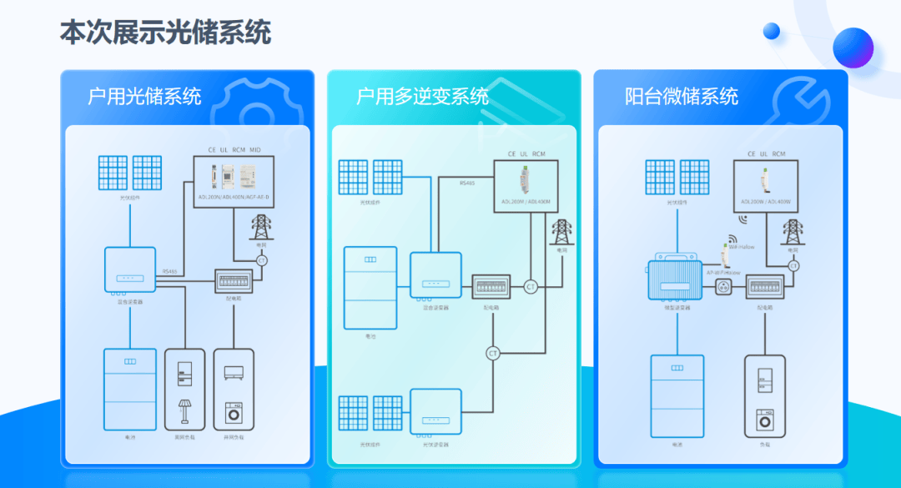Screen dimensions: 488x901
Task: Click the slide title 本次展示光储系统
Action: (165, 33)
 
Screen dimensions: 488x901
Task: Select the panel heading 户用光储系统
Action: (144, 96)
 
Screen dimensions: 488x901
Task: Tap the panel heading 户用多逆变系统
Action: (422, 96)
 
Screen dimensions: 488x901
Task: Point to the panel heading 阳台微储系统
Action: (682, 96)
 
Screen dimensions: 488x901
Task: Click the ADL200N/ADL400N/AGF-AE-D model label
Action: (234, 198)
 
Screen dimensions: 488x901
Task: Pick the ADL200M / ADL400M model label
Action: (526, 201)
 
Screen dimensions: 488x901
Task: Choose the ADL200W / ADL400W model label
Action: (766, 202)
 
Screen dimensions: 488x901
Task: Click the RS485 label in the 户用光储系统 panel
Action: (170, 271)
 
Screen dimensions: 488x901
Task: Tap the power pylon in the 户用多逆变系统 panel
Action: (561, 232)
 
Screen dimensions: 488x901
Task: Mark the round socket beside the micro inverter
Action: (723, 287)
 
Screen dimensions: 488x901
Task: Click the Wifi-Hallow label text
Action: (741, 247)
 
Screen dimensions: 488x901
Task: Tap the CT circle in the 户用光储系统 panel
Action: (262, 260)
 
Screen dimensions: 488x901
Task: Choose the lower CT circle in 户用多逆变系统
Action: (492, 354)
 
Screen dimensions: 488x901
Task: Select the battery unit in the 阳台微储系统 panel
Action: (677, 393)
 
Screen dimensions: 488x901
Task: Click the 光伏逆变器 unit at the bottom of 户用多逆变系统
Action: (435, 412)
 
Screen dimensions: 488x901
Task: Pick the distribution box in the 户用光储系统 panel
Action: (234, 279)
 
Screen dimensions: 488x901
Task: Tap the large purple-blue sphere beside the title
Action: (853, 47)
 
